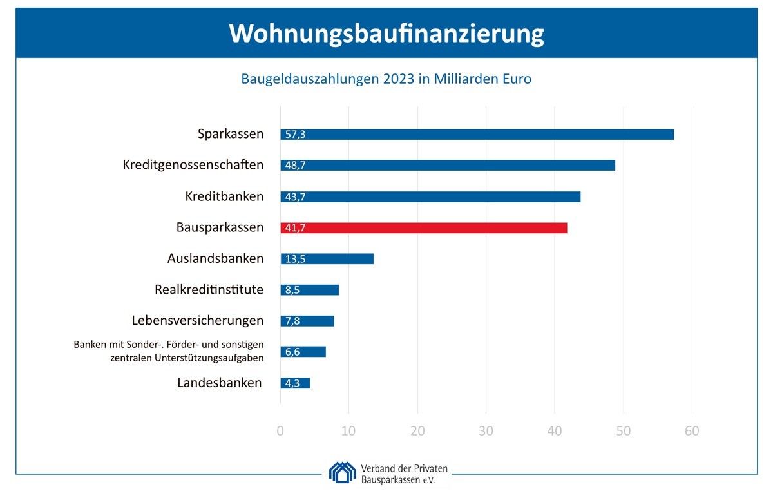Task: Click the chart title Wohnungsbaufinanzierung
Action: (x=386, y=34)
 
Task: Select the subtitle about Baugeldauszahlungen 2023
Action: (x=386, y=79)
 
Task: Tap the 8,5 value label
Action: (x=292, y=291)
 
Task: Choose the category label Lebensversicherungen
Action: (x=198, y=320)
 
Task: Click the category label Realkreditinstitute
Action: (x=209, y=289)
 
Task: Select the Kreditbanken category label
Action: (x=224, y=196)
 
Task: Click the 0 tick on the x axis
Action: (x=280, y=432)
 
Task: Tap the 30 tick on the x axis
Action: (x=486, y=432)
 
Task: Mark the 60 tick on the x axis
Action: (x=692, y=432)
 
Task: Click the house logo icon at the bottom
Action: (x=342, y=472)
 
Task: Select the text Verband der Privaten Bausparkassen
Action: (x=405, y=474)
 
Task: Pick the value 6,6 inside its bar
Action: (x=292, y=352)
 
